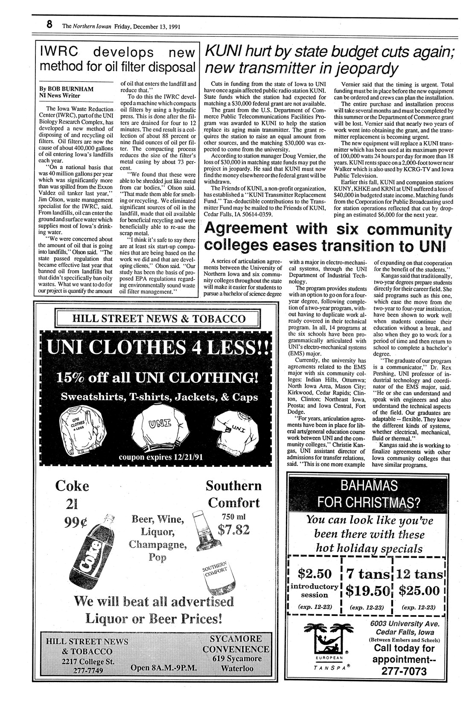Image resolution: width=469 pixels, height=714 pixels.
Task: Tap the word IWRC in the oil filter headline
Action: click(x=59, y=52)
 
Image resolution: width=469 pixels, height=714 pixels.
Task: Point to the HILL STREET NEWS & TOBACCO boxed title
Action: click(x=158, y=319)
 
